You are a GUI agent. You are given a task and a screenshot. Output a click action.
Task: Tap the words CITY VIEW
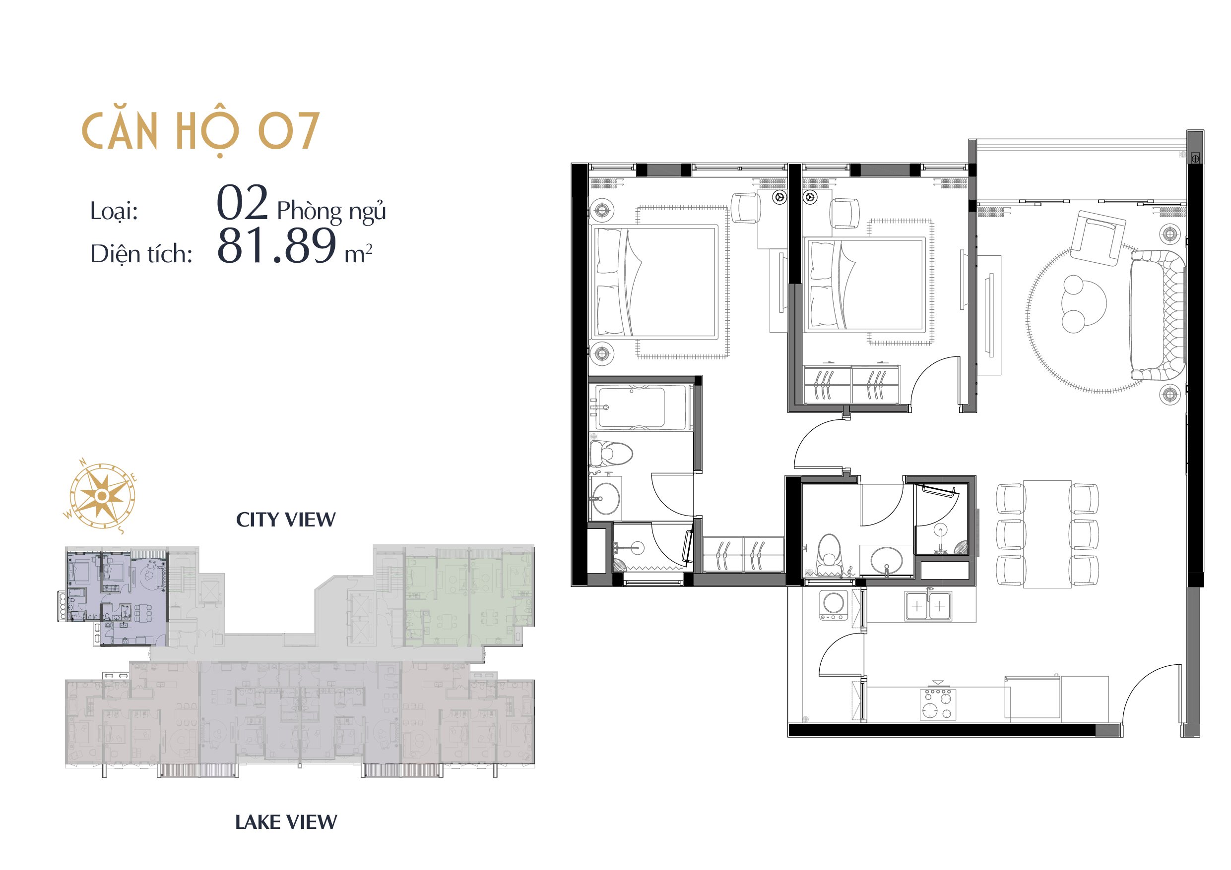(286, 520)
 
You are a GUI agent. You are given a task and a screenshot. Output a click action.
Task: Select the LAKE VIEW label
(286, 822)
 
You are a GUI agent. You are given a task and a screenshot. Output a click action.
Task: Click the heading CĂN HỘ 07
(201, 132)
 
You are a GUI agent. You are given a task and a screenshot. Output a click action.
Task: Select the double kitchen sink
(928, 606)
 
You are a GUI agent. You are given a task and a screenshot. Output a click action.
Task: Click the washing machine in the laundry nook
(834, 606)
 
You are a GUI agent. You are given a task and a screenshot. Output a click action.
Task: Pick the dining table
(1047, 534)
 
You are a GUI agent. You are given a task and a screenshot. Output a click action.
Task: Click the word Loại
(114, 211)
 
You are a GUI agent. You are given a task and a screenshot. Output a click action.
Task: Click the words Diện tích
(141, 254)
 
